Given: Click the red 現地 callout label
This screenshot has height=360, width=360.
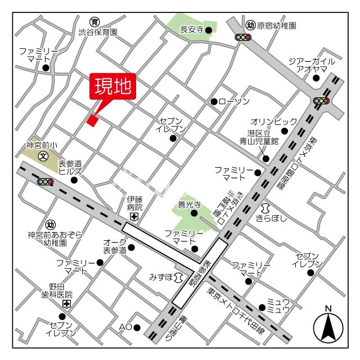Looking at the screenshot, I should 112,87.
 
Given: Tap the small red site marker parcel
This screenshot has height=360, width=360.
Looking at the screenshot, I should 92,119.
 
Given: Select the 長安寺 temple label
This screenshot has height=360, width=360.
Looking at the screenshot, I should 191,29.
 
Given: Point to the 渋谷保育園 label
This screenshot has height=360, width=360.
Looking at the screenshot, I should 98,33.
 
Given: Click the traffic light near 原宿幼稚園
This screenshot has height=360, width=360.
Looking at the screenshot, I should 243,37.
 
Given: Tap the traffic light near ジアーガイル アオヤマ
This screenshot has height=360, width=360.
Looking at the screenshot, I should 322,101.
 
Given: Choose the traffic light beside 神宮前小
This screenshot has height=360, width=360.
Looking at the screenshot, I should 45,182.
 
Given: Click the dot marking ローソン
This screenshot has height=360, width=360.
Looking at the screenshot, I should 214,101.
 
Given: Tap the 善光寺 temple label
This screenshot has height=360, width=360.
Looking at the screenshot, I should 190,205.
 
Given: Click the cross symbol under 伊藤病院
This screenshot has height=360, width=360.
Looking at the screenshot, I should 134,217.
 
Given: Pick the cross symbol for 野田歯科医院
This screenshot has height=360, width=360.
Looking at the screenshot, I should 67,304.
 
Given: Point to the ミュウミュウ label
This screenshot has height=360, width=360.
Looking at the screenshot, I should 278,306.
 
